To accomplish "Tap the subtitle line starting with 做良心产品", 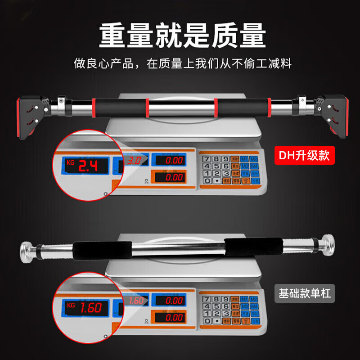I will pyautogui.click(x=183, y=63).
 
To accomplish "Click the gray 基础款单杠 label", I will pyautogui.click(x=304, y=294).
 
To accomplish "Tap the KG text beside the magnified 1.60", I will pyautogui.click(x=70, y=304).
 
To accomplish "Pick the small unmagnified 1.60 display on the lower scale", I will pyautogui.click(x=136, y=300).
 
